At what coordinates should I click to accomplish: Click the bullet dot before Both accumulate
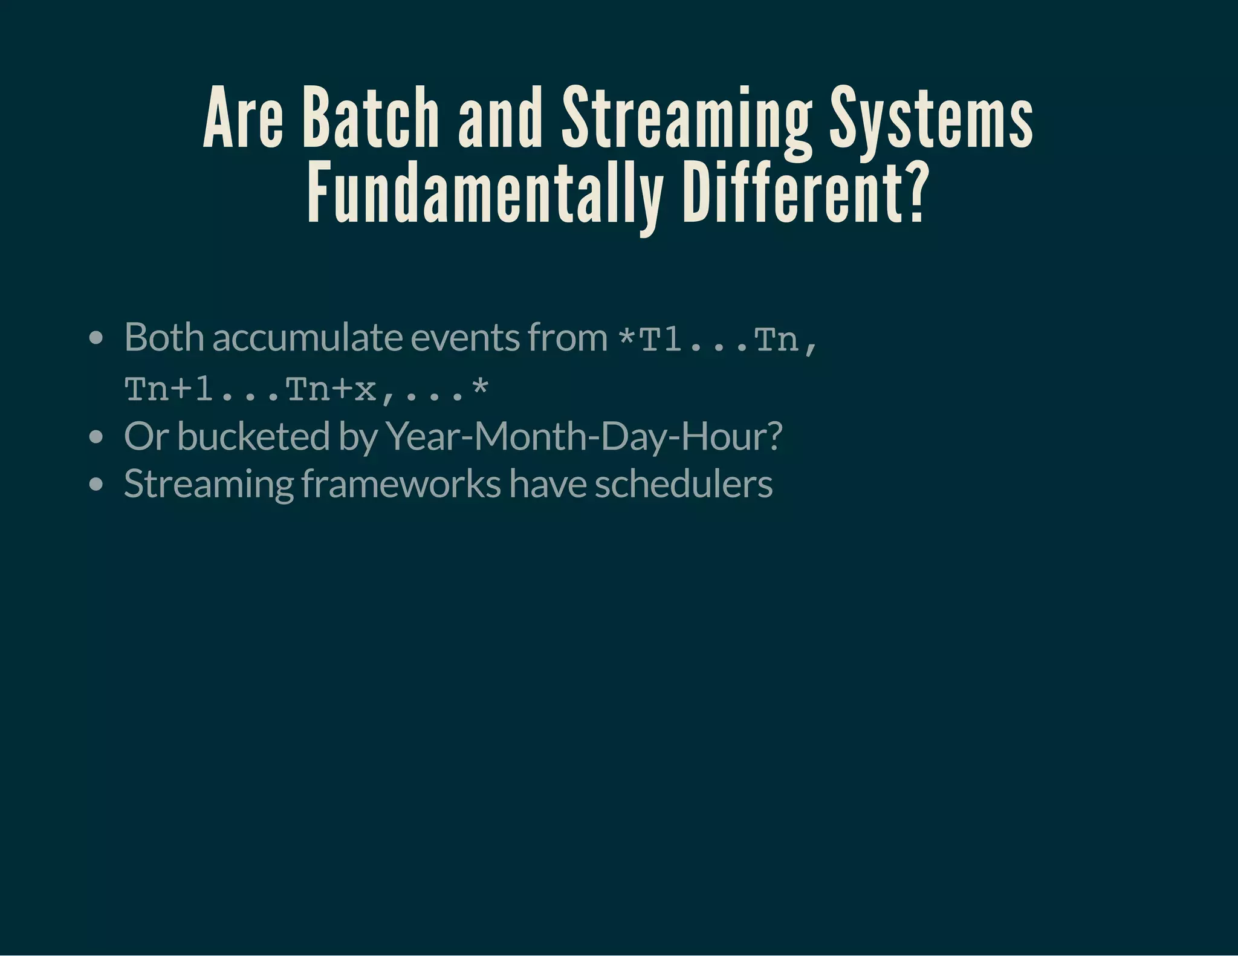96,338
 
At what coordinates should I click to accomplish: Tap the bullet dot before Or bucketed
96,437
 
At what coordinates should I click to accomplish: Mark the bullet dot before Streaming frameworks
96,485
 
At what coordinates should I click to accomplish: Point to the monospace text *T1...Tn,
718,340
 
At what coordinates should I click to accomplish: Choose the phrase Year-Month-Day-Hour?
583,436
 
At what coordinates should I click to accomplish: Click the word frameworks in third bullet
401,484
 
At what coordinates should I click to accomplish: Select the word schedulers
683,484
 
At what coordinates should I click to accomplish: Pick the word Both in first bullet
164,337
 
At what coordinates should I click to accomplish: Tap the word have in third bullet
547,484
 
